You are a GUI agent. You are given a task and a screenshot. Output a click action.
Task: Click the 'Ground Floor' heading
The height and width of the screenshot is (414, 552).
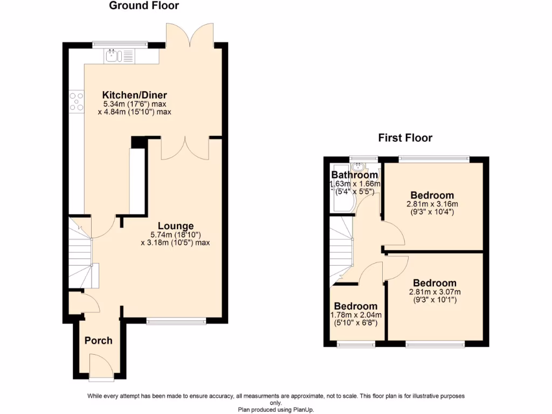tap(144, 6)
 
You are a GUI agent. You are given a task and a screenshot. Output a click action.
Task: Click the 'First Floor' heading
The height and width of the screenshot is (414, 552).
tap(405, 138)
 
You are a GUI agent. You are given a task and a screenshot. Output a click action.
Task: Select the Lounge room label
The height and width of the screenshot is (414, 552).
tap(175, 226)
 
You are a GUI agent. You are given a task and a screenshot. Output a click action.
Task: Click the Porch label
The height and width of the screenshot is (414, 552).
tap(99, 340)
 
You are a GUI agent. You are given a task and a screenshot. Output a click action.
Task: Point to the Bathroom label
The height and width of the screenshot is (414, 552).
tap(354, 175)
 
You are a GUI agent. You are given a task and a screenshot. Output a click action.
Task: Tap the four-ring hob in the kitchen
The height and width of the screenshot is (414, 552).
tap(75, 102)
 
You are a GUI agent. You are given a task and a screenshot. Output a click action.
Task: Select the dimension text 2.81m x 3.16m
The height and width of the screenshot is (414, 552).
tap(433, 204)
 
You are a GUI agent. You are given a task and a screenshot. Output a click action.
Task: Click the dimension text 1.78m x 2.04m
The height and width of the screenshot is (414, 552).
tap(356, 315)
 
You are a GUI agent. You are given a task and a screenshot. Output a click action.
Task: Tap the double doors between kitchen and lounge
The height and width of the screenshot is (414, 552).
tap(185, 148)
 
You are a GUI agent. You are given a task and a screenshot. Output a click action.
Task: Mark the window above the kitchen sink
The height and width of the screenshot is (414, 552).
tap(119, 44)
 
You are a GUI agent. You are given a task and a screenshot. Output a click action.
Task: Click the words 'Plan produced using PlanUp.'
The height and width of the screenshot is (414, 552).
tap(275, 409)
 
